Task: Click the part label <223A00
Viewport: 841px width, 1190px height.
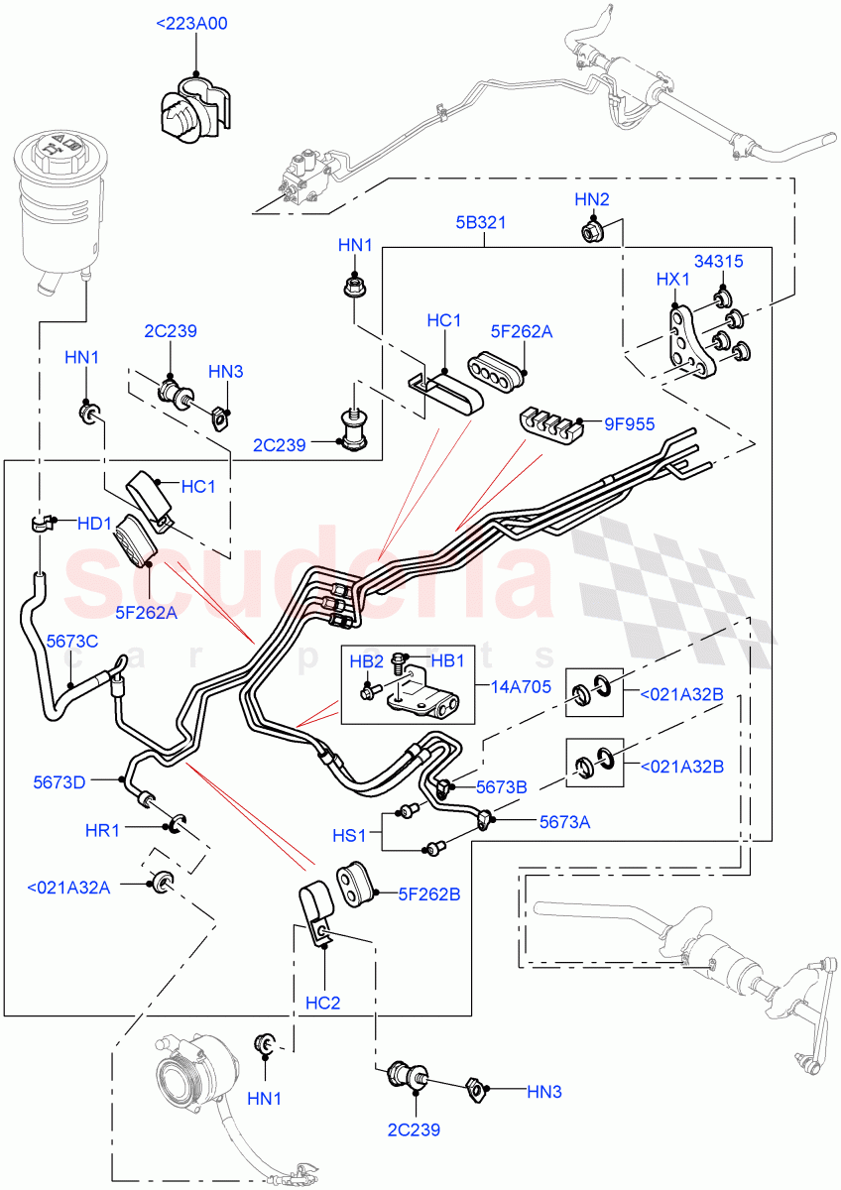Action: tap(191, 23)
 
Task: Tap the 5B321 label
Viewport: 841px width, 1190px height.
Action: tap(481, 222)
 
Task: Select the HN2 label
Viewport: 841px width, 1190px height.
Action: tap(591, 199)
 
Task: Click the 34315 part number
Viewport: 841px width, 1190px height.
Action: tap(718, 261)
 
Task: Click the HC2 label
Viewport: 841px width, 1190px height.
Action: tap(322, 1003)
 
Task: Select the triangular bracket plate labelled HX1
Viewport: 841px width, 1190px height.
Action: tap(688, 341)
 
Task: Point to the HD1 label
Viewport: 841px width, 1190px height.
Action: tap(94, 523)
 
